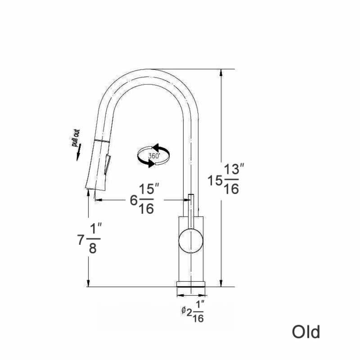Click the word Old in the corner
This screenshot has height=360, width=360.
coord(306,332)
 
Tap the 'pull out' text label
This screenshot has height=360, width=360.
coord(76,138)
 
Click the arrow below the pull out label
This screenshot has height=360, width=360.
coord(78,153)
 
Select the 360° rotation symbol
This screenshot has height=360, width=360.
coord(153,156)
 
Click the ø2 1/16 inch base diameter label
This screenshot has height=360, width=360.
coord(193,311)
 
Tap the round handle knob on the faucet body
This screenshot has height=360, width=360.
coord(191,241)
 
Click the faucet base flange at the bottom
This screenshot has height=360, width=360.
coord(191,284)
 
